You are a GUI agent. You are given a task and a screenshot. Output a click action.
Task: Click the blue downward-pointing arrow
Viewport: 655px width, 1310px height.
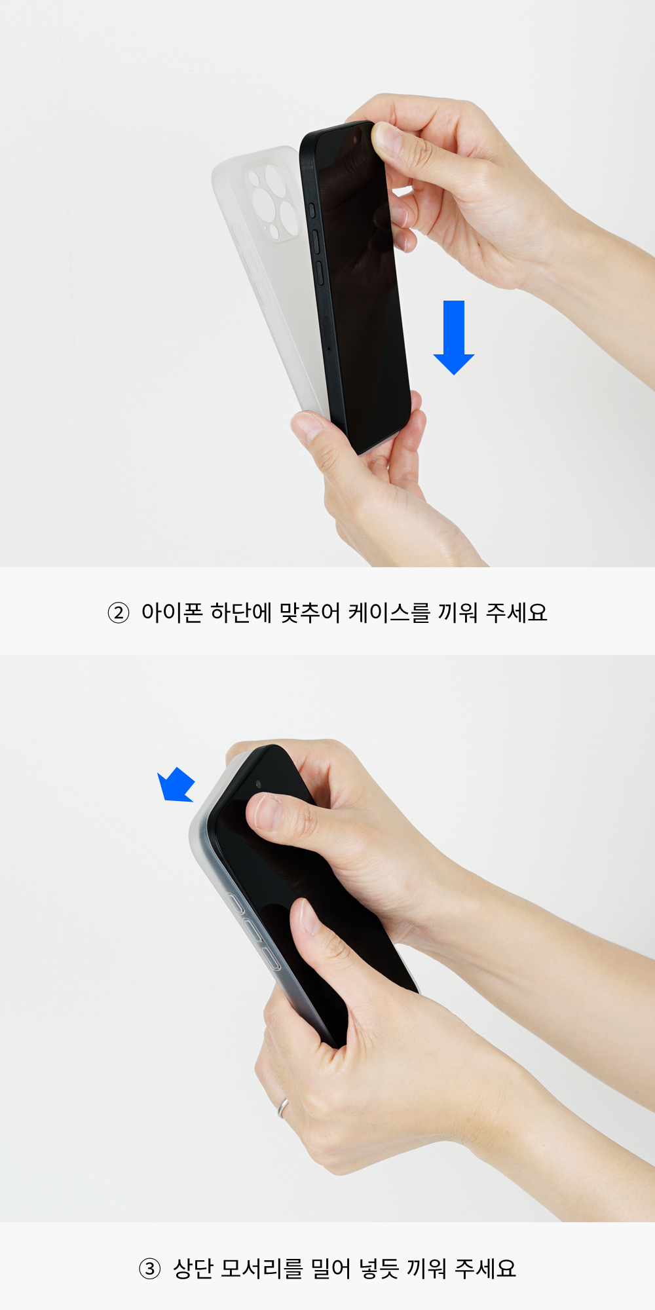pos(454,337)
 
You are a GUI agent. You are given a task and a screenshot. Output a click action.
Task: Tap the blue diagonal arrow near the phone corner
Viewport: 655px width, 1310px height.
pos(176,785)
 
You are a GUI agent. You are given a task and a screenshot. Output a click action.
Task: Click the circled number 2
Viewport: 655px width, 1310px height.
pos(119,613)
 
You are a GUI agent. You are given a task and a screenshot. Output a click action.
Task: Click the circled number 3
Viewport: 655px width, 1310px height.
pos(150,1269)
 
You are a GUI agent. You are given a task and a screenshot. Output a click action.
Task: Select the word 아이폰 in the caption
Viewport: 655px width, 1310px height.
pos(172,613)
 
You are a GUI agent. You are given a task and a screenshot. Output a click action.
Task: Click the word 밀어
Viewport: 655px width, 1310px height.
pos(331,1269)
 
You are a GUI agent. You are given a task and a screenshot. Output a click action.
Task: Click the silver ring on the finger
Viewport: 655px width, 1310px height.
pos(283,1108)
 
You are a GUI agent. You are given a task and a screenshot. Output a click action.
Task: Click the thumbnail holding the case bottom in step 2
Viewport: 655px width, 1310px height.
pos(307,426)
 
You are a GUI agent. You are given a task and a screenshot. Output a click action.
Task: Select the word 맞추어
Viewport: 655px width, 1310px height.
pos(310,613)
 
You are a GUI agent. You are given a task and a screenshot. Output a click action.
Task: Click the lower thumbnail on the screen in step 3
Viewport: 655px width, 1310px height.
pos(308,916)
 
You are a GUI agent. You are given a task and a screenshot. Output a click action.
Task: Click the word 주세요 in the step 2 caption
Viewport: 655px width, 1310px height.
pos(516,613)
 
